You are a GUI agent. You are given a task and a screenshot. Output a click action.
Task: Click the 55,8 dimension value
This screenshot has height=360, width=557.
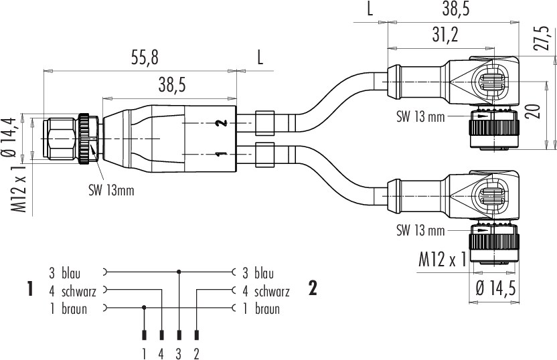[x=145, y=58]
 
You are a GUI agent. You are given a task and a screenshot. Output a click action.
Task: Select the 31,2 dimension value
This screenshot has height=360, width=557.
[x=445, y=35]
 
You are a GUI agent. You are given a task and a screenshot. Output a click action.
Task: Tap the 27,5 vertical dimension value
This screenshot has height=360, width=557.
[x=541, y=38]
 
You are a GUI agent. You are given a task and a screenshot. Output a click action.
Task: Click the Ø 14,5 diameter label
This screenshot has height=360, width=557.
[x=495, y=288]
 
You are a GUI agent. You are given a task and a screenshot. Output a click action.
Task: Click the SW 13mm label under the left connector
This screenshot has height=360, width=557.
[x=112, y=191]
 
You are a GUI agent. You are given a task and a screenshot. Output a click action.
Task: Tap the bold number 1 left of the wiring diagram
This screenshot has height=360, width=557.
[x=30, y=288]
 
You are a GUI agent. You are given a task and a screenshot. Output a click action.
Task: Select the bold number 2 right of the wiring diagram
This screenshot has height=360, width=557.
[x=313, y=288]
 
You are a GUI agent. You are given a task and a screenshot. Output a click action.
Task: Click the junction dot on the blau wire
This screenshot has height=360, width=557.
[x=179, y=272]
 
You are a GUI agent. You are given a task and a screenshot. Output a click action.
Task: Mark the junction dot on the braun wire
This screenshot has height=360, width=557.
[x=144, y=307]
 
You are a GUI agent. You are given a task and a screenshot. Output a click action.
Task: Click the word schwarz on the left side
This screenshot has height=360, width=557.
[x=79, y=292]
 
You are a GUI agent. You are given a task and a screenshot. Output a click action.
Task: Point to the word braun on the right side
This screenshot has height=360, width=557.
[x=267, y=309]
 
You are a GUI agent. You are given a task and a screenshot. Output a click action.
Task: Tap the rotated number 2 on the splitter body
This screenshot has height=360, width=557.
[x=222, y=123]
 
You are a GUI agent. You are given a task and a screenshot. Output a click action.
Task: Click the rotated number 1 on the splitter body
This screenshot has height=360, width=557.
[x=222, y=154]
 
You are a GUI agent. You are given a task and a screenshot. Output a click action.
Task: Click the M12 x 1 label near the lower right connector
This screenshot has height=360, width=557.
[x=443, y=260]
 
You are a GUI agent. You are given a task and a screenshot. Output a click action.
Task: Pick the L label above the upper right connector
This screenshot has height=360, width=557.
[x=370, y=9]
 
